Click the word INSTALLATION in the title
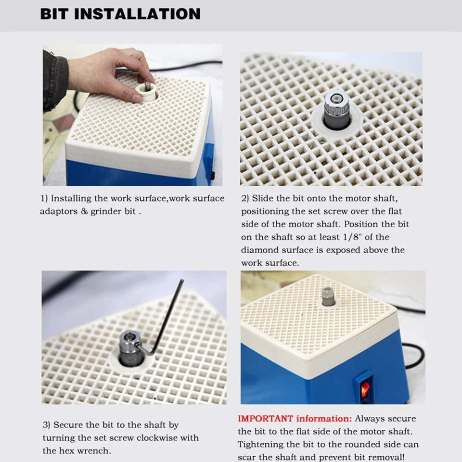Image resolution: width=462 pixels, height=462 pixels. pyautogui.click(x=138, y=13)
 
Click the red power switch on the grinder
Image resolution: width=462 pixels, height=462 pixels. pyautogui.click(x=365, y=388)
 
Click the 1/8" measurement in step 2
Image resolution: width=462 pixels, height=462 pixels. pyautogui.click(x=355, y=237)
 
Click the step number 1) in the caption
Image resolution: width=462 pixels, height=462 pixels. pyautogui.click(x=44, y=198)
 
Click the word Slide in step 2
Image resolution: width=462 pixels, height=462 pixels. pyautogui.click(x=263, y=198)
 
